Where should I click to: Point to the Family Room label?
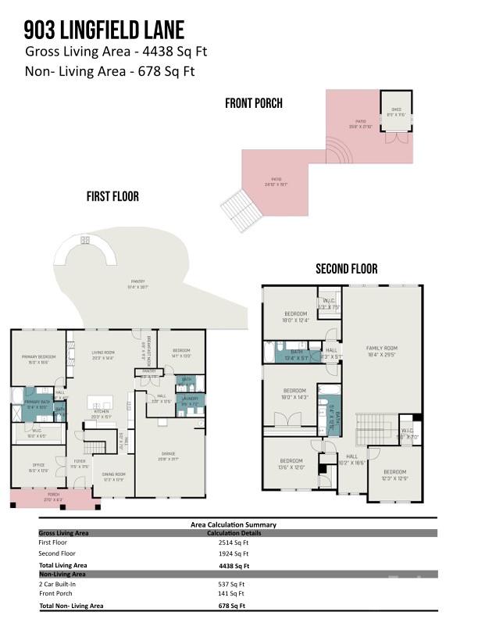click(382, 351)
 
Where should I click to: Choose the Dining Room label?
click(114, 476)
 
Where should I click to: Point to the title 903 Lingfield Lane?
click(104, 30)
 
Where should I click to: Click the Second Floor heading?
click(346, 269)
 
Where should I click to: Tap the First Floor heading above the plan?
click(112, 197)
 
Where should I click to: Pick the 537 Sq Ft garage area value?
click(232, 583)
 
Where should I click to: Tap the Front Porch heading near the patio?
click(254, 103)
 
